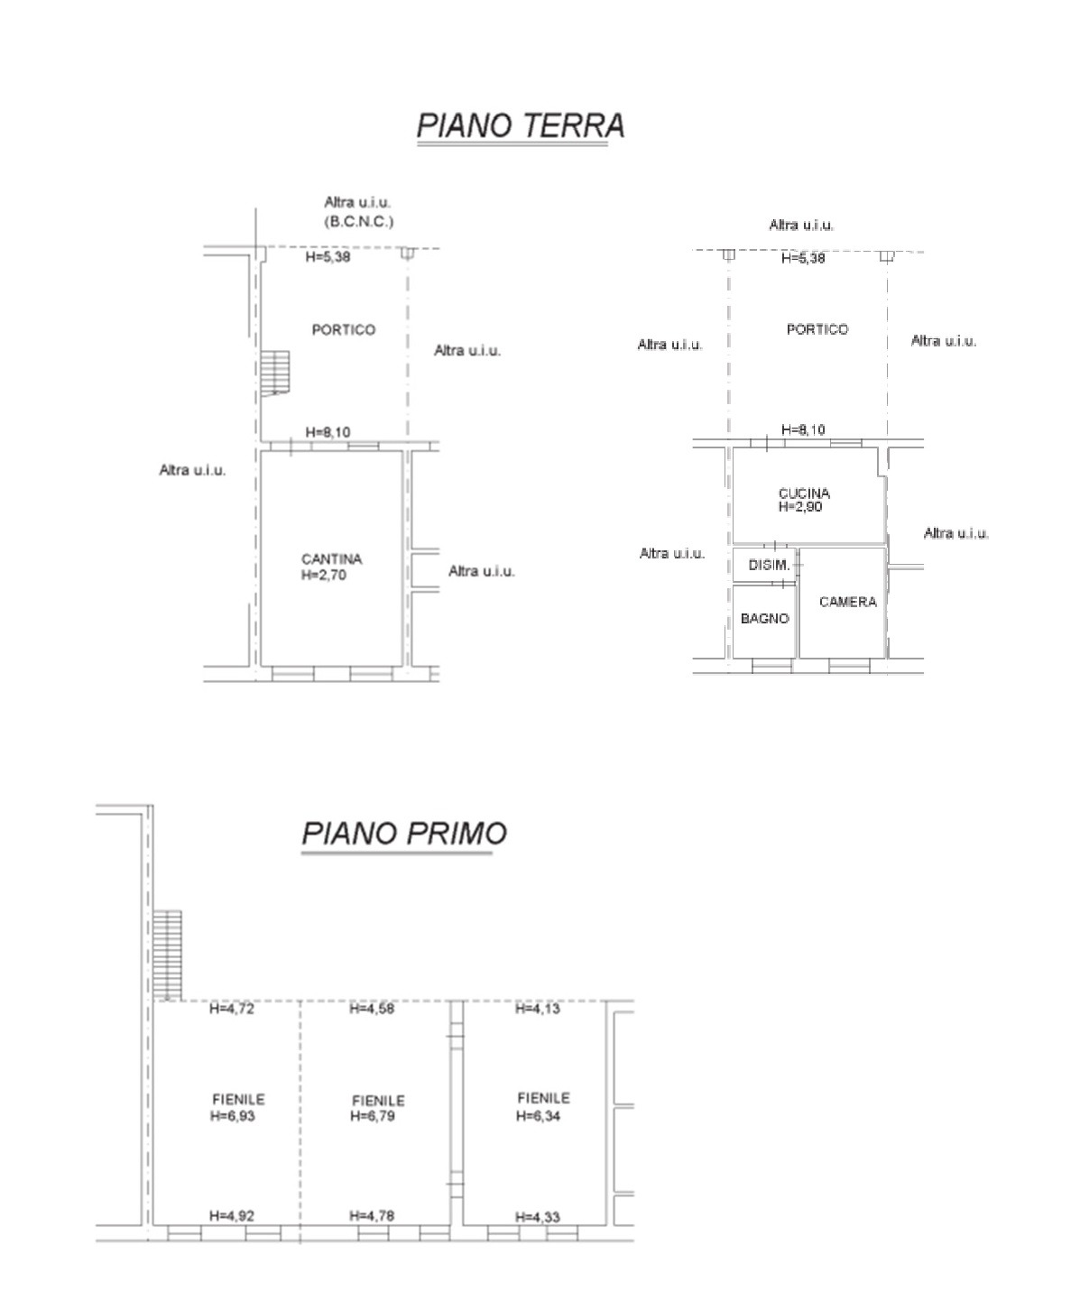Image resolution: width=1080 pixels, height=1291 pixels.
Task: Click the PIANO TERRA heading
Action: pos(521,125)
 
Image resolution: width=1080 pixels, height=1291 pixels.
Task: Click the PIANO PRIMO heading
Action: pos(404,833)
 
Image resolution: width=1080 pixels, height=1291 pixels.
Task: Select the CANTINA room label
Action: pos(331,559)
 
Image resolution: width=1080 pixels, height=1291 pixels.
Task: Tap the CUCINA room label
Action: pos(804,493)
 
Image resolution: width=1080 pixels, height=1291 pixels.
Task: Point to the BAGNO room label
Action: pos(764,618)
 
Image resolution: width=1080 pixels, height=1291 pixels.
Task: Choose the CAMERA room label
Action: pos(847,602)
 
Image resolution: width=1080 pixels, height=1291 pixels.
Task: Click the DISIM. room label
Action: pos(769,565)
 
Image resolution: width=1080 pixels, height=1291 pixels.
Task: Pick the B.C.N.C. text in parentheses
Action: pos(359,221)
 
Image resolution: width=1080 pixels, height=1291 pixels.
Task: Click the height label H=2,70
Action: pos(324,575)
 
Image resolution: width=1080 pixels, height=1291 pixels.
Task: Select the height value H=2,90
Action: pos(800,507)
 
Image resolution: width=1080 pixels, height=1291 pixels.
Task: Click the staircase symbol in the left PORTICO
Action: pos(274,373)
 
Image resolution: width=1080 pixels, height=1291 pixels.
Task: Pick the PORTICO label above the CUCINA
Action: pos(817,329)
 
